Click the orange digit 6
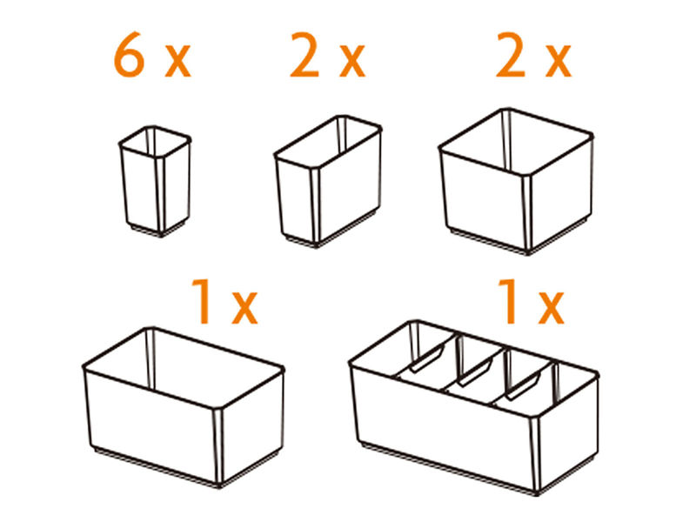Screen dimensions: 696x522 coord(129,55)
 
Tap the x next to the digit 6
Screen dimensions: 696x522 coord(177,62)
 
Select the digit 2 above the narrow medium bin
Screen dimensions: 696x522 coord(305,55)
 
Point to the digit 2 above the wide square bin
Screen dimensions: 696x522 coord(511,55)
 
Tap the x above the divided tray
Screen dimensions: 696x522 coord(551,307)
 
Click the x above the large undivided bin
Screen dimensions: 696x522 coord(244,308)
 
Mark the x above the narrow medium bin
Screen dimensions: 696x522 coord(352,62)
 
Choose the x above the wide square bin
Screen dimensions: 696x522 coord(559,62)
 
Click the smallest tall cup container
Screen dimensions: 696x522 coord(155,181)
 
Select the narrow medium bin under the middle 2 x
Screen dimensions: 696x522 coord(328,181)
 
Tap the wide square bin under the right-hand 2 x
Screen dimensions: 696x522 coord(516,181)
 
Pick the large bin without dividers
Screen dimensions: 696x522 coord(184,407)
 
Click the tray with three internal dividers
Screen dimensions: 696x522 coord(473,407)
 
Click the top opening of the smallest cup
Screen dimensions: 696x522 coord(155,141)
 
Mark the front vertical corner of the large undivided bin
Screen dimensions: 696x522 coord(218,446)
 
